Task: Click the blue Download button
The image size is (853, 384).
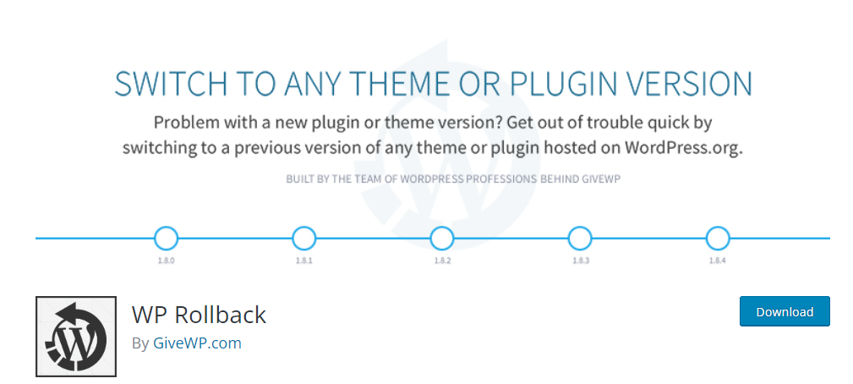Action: [x=785, y=311]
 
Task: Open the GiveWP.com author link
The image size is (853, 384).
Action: [x=197, y=343]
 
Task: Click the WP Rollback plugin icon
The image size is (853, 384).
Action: [x=76, y=337]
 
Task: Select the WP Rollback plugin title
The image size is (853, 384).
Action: [x=200, y=315]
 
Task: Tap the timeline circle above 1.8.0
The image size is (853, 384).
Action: [x=166, y=239]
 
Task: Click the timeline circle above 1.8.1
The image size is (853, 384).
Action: [x=304, y=239]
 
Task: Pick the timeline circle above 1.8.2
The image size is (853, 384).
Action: [x=442, y=239]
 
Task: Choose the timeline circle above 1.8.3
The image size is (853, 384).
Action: [x=580, y=239]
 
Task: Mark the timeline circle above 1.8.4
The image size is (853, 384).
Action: [x=718, y=239]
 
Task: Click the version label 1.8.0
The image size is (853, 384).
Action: [x=166, y=261]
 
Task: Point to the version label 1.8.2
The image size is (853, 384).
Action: [x=442, y=261]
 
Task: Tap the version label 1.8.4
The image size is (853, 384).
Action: [x=718, y=261]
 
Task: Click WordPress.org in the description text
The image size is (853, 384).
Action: [x=683, y=149]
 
